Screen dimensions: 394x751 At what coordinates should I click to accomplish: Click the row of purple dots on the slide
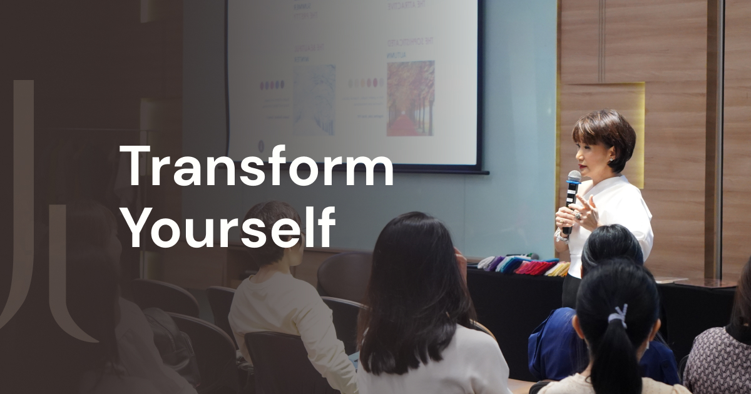272,84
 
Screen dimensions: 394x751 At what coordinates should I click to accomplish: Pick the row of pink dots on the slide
365,83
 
